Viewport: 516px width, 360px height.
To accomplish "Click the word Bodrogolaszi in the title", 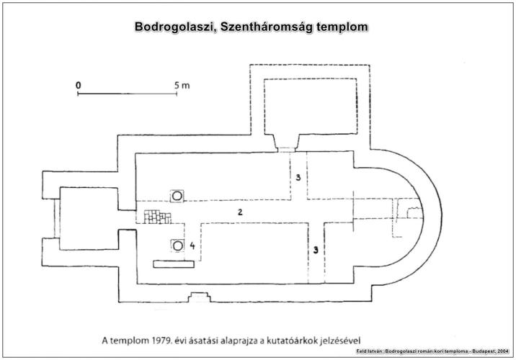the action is pos(174,27).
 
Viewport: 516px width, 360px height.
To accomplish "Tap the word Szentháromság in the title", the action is pos(266,27).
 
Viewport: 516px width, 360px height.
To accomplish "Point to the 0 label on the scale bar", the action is pos(78,86).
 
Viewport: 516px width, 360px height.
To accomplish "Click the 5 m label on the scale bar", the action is pos(182,86).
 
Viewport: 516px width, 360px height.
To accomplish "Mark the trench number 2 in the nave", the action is pos(240,212).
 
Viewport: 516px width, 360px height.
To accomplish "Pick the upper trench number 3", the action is pos(298,178).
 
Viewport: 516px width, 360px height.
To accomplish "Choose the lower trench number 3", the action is pos(316,251).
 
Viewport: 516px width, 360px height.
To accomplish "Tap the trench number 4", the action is pos(192,246).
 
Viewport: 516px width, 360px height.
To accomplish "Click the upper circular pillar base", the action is pos(177,196).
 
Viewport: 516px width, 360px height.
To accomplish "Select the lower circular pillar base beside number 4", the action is pos(178,246).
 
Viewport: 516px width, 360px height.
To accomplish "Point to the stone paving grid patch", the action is pos(158,217).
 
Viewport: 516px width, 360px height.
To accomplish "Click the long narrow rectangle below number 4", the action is pos(174,264).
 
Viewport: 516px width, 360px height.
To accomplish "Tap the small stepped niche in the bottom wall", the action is pos(199,297).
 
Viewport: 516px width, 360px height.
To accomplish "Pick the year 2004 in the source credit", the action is pos(503,351).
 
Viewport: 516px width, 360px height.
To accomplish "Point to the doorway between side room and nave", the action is pos(286,150).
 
